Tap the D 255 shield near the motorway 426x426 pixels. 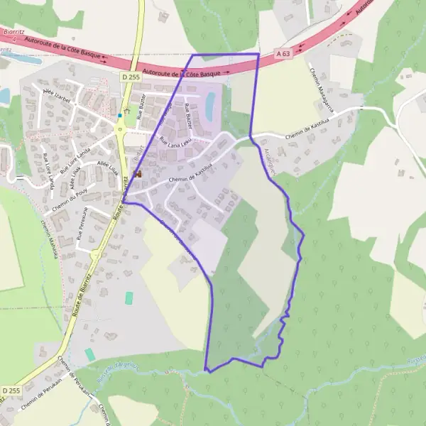pos(129,76)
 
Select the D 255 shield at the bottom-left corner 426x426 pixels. pos(11,390)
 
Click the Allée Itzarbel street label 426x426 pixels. pos(58,96)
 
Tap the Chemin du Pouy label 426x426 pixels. pos(69,200)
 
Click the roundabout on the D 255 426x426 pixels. pos(119,129)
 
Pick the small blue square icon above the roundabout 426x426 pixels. pos(119,115)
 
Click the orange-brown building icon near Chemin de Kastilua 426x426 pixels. pos(137,173)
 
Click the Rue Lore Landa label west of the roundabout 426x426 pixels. pos(75,161)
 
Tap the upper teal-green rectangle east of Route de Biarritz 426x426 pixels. pos(129,298)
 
